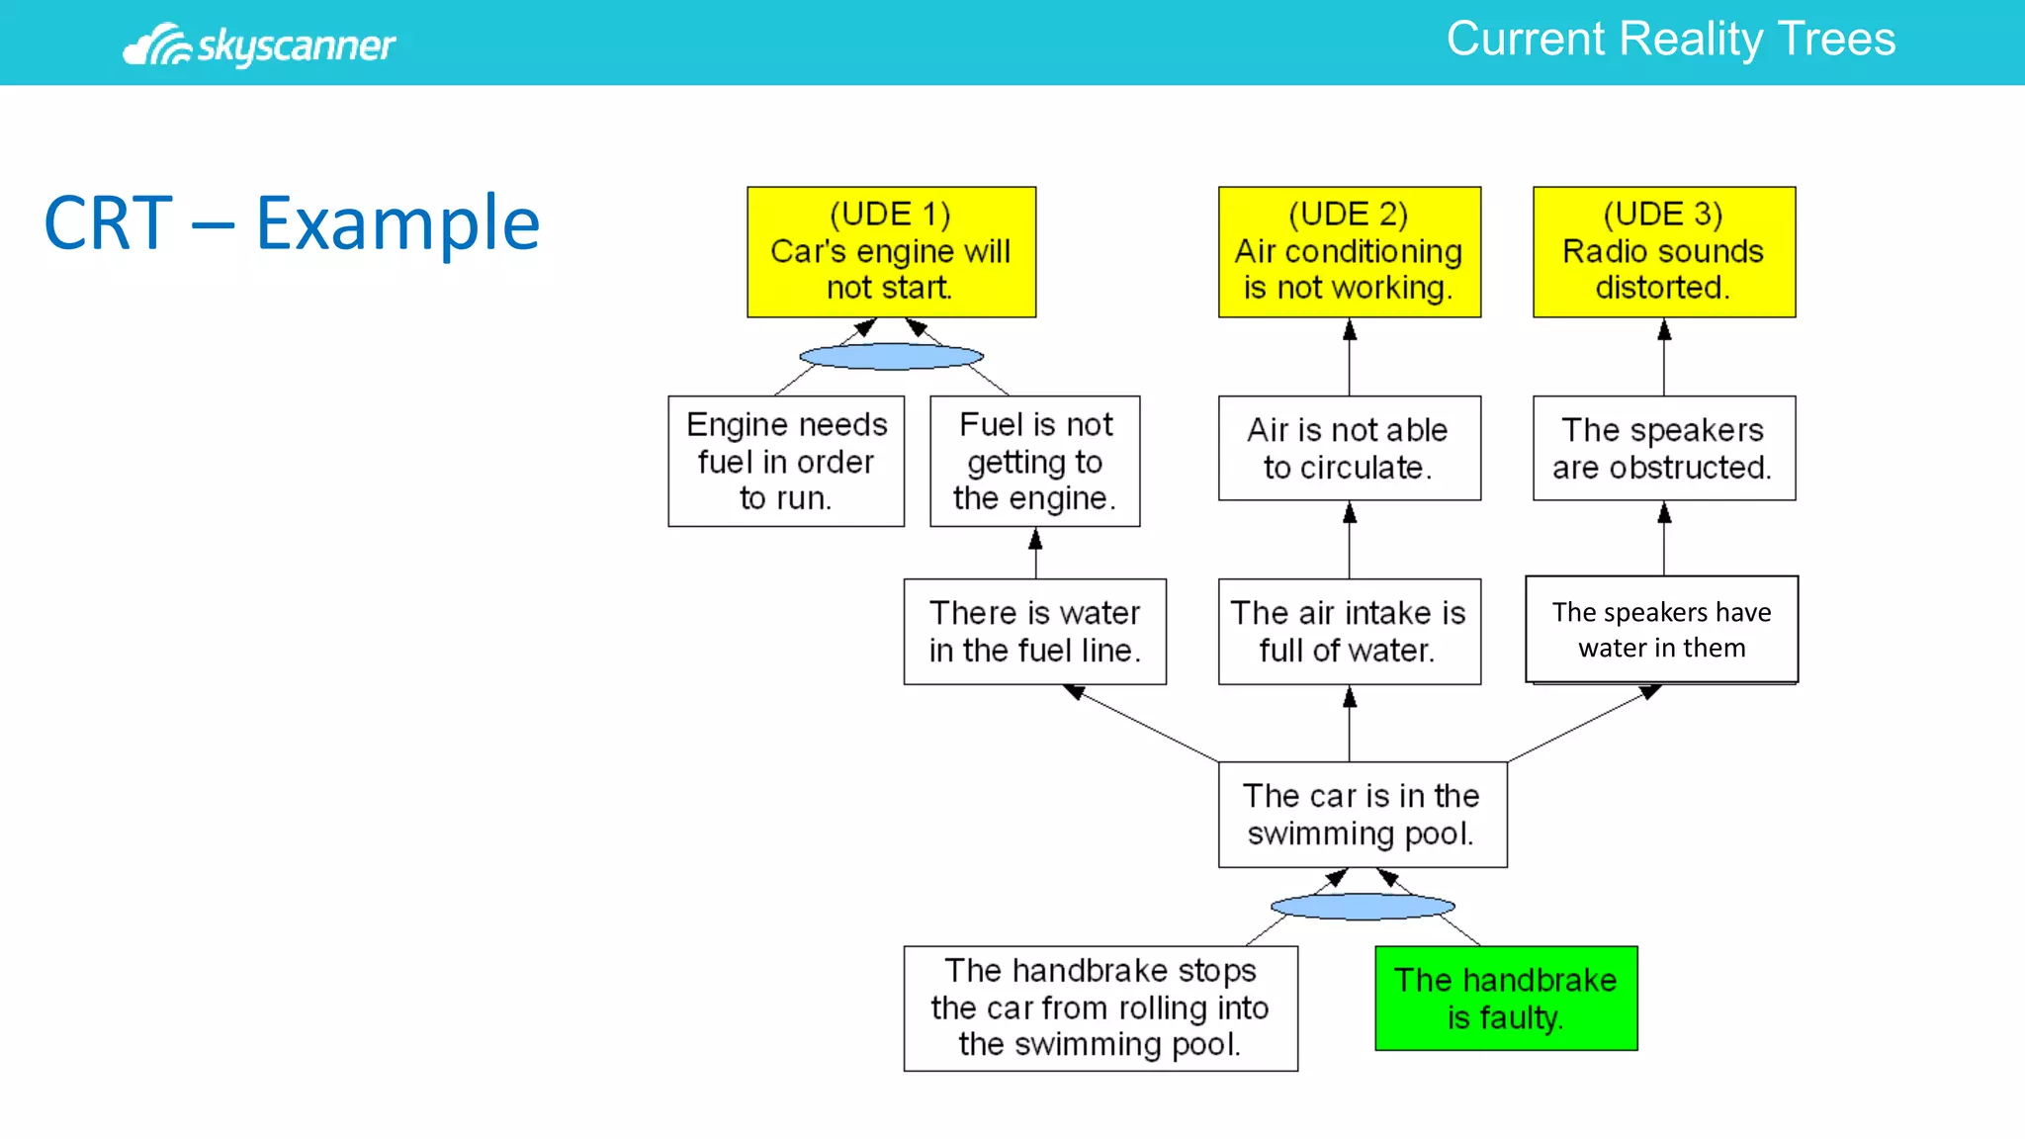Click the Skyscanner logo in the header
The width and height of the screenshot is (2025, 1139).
point(259,44)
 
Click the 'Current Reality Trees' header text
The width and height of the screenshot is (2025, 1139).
point(1670,40)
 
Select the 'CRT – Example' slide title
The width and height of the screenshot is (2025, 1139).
point(292,223)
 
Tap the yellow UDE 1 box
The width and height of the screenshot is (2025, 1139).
point(891,251)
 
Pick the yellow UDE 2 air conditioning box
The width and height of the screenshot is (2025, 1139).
point(1349,251)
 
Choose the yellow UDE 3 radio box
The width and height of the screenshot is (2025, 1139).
point(1663,251)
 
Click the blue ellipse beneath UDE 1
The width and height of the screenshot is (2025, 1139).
point(891,356)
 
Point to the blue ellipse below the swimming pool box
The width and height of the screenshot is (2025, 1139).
point(1362,906)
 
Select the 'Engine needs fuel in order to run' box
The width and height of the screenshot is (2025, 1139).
point(786,461)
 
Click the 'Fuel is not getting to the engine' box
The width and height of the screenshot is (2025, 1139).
point(1034,461)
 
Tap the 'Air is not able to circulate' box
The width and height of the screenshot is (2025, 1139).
point(1349,448)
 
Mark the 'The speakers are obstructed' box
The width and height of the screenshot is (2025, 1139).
point(1663,448)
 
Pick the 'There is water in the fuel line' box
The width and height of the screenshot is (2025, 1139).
point(1034,631)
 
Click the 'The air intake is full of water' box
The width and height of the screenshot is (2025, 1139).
point(1349,631)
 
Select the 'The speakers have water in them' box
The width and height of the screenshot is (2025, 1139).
point(1661,629)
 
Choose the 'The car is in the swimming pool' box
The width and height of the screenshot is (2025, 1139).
point(1362,814)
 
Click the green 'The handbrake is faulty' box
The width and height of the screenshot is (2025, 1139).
point(1505,998)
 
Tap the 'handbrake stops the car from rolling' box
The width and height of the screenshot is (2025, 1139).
point(1100,1008)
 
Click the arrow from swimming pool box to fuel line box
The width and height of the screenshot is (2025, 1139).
point(1143,724)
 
